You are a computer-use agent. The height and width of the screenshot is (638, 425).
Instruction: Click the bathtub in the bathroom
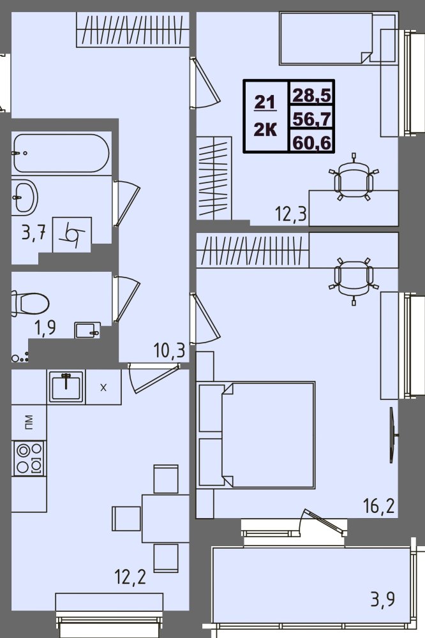61,152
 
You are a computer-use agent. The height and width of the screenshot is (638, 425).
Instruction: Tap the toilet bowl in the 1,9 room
30,304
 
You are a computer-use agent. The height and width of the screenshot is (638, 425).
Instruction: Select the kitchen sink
66,386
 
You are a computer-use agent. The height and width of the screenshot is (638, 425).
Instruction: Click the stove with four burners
28,458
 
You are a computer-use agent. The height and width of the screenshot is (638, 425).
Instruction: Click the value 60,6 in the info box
311,143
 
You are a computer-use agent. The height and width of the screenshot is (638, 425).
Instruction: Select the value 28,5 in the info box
311,96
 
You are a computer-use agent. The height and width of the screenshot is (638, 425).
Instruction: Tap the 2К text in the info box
265,130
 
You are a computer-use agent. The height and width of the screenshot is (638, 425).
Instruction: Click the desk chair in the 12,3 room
354,179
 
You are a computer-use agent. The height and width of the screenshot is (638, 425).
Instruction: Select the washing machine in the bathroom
72,234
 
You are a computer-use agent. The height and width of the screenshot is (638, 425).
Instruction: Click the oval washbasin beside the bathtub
26,197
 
